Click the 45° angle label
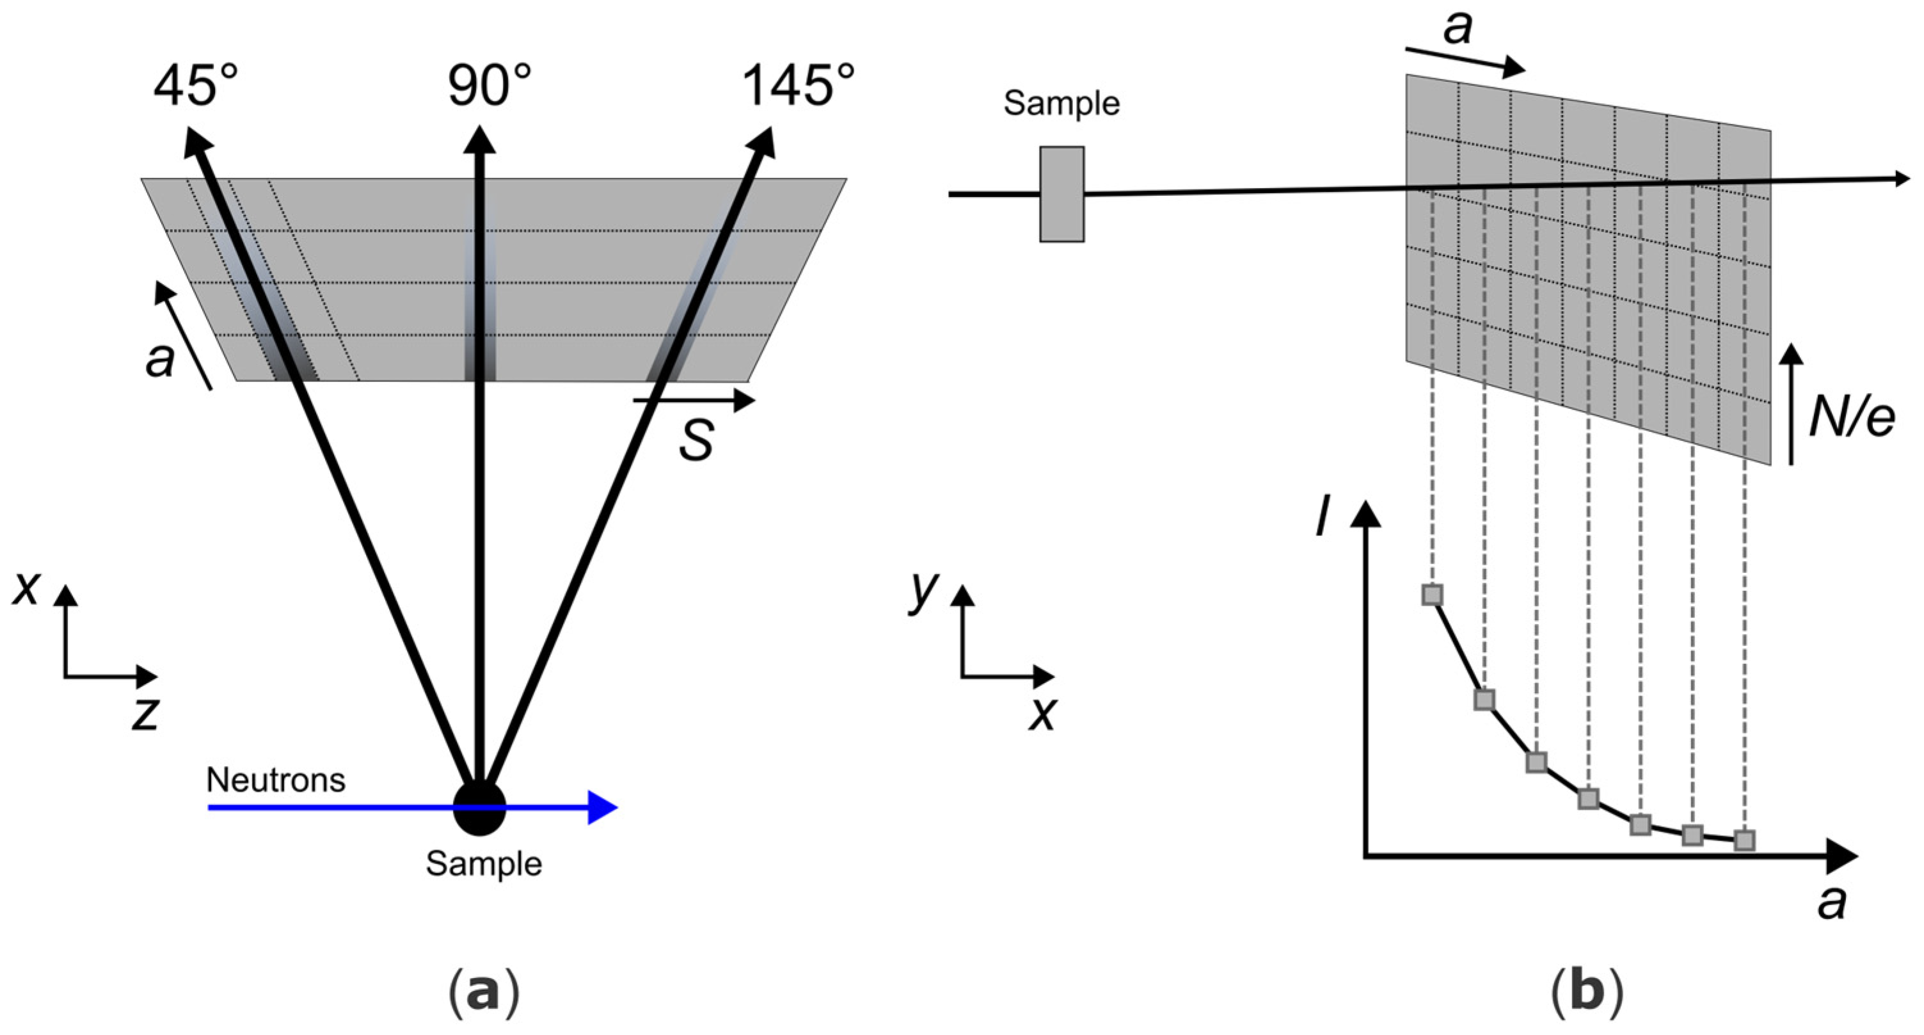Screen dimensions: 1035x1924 196,86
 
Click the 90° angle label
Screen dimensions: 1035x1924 489,86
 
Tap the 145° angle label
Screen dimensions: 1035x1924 798,86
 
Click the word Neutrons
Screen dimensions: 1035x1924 276,780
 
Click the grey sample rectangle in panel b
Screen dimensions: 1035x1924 1061,195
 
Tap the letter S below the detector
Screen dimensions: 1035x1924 696,440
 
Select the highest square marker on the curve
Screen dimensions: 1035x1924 1432,595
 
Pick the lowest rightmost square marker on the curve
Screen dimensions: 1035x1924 1744,840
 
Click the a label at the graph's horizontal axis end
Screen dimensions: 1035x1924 1831,902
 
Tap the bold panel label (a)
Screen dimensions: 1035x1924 482,992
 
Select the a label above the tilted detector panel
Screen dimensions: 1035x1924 1457,28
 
